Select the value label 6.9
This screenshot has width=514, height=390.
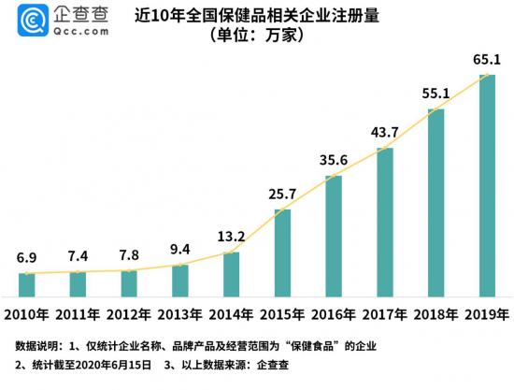[26, 256]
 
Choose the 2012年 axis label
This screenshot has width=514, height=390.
[129, 313]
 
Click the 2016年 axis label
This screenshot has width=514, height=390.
[334, 313]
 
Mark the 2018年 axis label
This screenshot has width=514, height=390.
[435, 313]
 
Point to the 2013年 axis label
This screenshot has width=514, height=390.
[180, 313]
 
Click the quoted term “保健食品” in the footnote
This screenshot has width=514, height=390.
[319, 345]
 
